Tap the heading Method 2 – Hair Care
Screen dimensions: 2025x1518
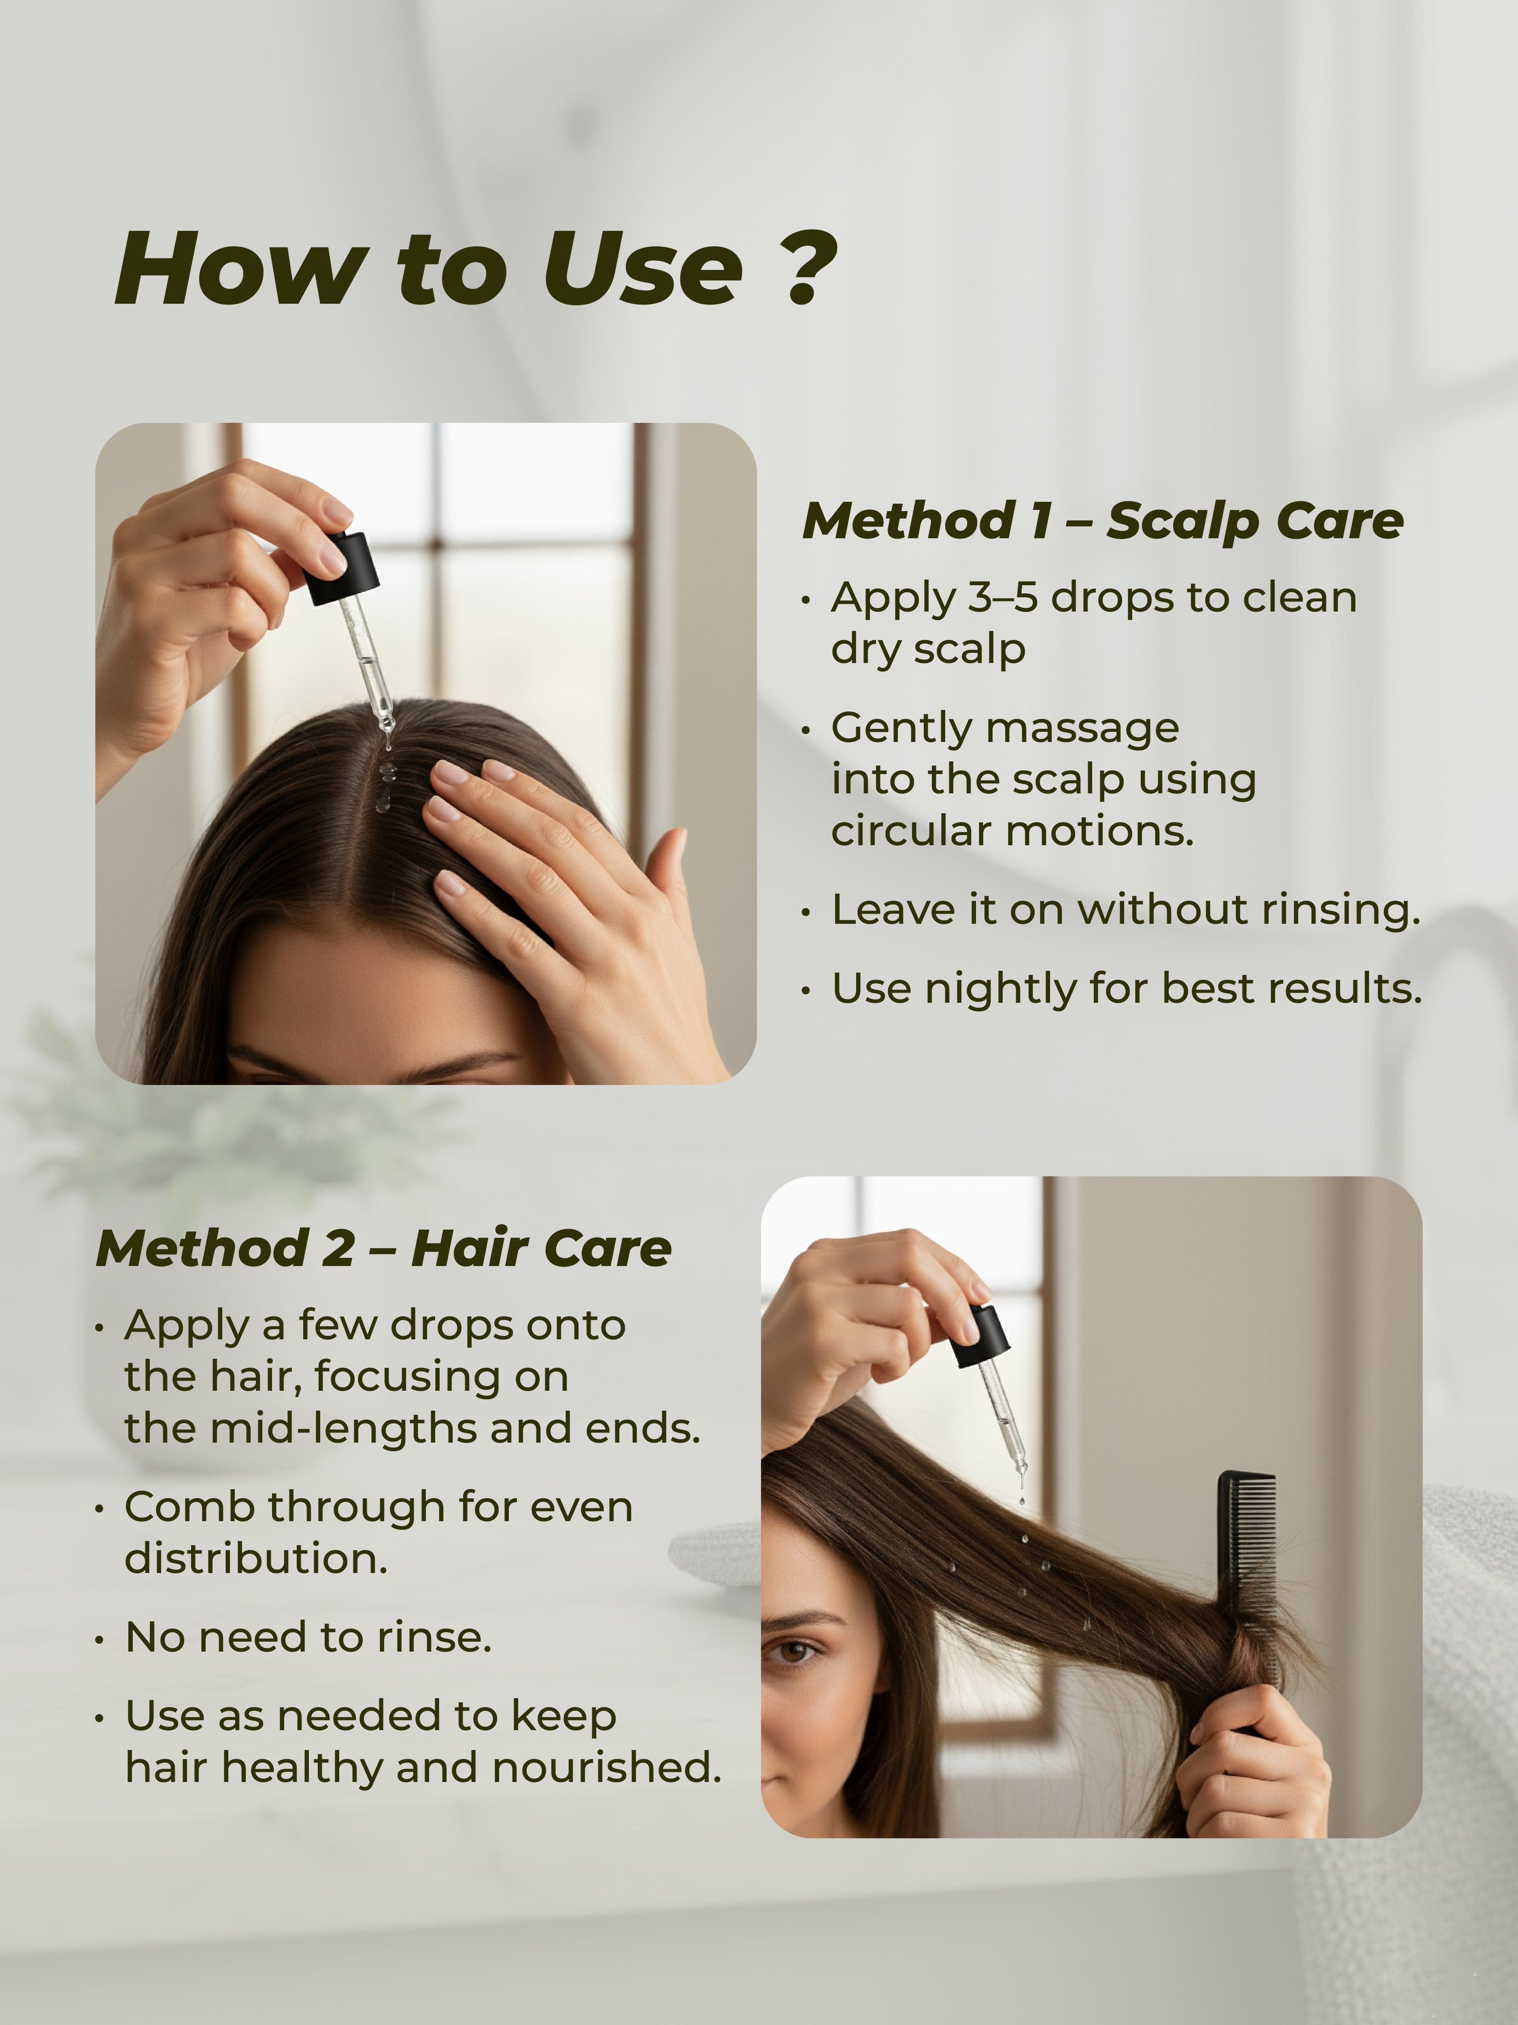tap(383, 1249)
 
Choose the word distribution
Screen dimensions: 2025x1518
tap(256, 1559)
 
